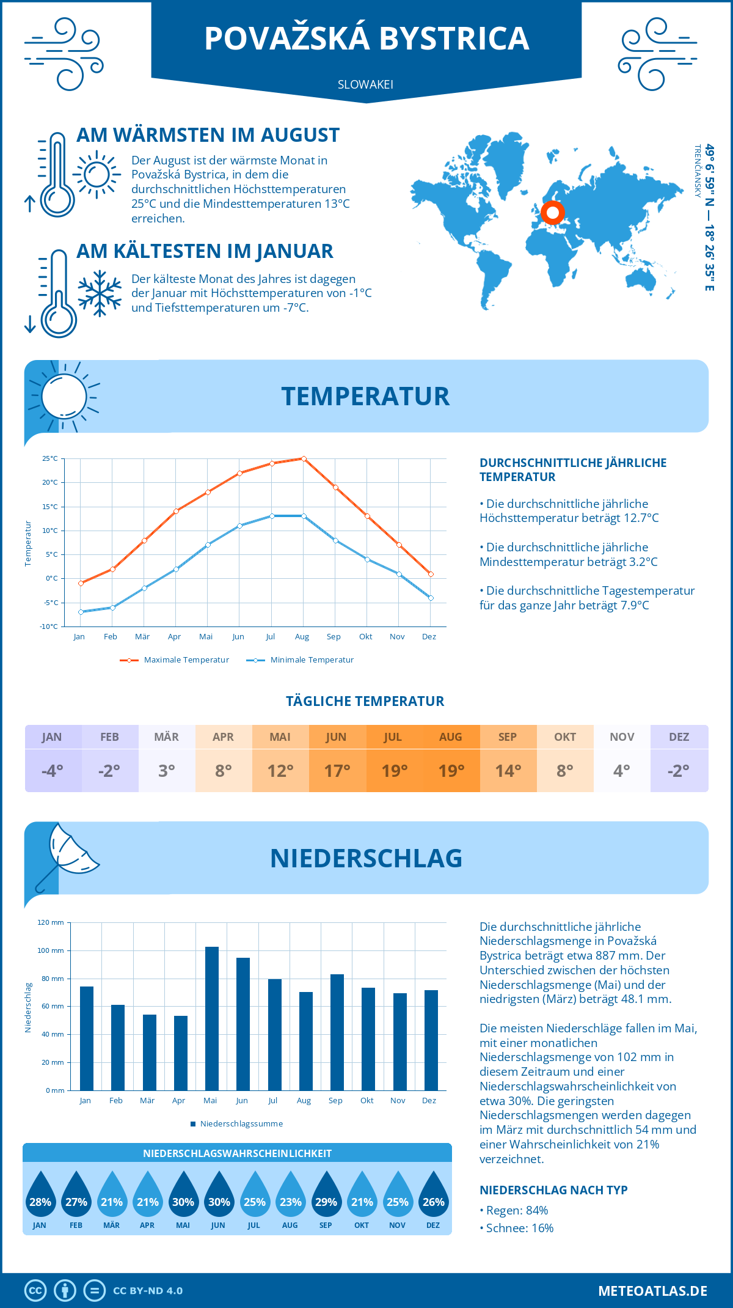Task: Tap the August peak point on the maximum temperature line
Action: point(304,458)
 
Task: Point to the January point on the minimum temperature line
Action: point(81,612)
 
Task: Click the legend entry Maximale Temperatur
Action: point(175,660)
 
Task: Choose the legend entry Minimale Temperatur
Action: point(300,660)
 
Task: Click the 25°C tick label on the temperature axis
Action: point(50,458)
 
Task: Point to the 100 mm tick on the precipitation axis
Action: point(51,950)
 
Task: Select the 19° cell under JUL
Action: point(394,771)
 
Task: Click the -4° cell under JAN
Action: point(53,771)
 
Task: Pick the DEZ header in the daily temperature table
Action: point(679,737)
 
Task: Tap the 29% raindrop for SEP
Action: point(326,1194)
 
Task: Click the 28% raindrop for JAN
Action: point(40,1194)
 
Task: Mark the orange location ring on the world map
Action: point(553,213)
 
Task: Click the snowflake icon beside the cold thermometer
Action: point(100,293)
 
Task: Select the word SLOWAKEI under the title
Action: point(365,85)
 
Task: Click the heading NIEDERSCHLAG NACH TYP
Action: point(553,1190)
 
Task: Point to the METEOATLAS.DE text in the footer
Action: point(652,1291)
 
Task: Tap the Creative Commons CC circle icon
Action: point(35,1291)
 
